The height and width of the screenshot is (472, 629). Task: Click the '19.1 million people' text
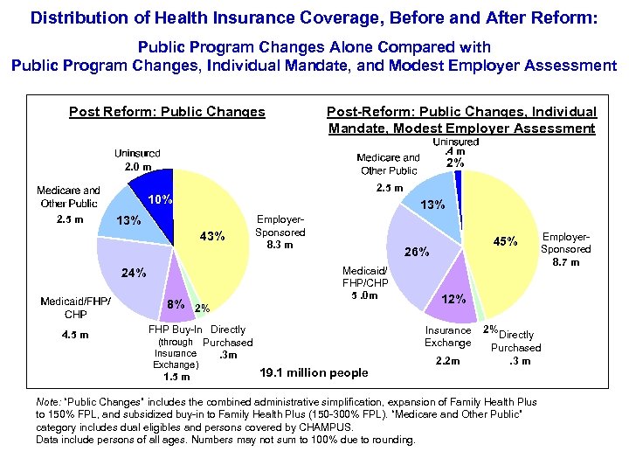coord(314,373)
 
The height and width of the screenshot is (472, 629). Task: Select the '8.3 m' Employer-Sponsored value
coord(280,246)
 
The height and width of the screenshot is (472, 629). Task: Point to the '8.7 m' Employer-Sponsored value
coord(567,261)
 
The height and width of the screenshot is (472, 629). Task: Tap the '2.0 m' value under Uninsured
coord(137,166)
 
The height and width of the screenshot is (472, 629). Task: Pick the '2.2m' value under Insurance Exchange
coord(447,361)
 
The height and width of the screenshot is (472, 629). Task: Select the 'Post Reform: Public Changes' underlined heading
coord(167,112)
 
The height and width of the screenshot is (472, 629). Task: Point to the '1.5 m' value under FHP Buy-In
coord(176,377)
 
